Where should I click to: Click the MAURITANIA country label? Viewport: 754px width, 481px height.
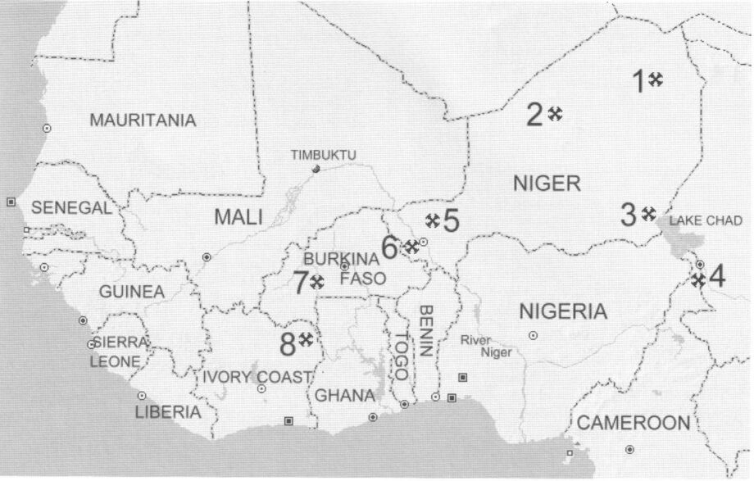click(x=143, y=120)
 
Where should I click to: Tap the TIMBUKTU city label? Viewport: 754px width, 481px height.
click(x=324, y=155)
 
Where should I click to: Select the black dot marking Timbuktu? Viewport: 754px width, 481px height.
click(x=316, y=169)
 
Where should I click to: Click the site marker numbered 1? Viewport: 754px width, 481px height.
click(x=656, y=79)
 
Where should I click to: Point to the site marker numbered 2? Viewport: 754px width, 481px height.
click(x=556, y=114)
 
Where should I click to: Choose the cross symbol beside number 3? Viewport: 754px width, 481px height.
click(x=648, y=214)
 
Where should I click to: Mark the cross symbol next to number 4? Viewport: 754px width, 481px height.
click(x=697, y=279)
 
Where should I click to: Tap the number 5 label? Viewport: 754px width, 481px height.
click(x=452, y=220)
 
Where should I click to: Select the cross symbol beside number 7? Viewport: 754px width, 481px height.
click(x=317, y=281)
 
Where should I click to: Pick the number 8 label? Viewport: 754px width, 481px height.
click(x=287, y=345)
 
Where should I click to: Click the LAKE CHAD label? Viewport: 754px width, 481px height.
click(x=697, y=220)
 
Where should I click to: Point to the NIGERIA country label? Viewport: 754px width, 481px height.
click(x=564, y=311)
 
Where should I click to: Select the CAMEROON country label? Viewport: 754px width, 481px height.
click(x=634, y=423)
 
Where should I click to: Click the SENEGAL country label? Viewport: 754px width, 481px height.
click(x=71, y=208)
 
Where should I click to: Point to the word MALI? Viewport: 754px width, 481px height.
click(x=238, y=217)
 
